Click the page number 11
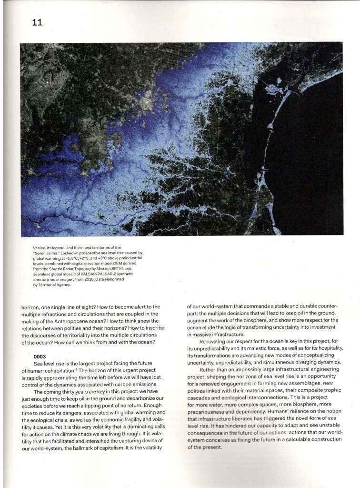pos(37,22)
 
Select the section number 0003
pos(41,356)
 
